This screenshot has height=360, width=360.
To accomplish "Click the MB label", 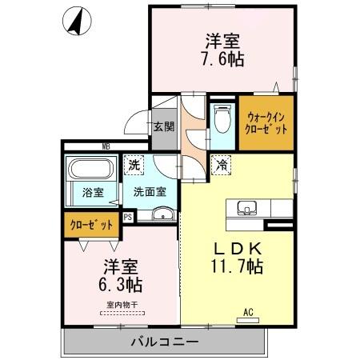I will click(106, 146).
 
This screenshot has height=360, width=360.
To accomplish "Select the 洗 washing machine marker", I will click(134, 166).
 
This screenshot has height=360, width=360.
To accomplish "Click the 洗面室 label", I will click(150, 191).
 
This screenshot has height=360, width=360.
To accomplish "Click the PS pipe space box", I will click(128, 216).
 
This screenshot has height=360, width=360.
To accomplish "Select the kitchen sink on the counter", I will click(247, 209).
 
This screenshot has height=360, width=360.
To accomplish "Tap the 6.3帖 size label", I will click(121, 284).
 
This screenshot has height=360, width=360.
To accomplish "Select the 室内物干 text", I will click(122, 304).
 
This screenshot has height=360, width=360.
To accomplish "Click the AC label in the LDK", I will click(248, 311).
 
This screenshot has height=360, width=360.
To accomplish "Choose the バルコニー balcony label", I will click(165, 342).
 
